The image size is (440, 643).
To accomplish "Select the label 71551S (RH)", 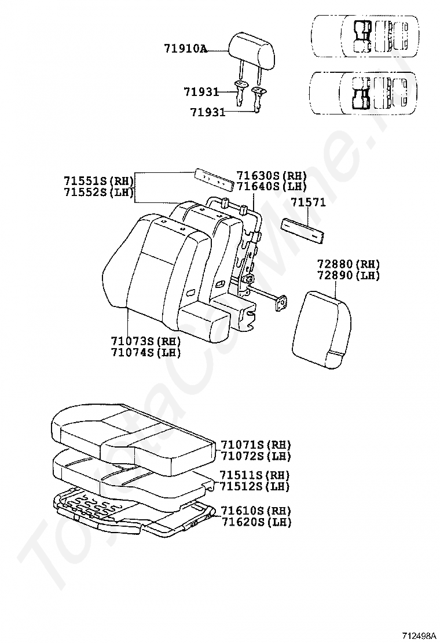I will (98, 180).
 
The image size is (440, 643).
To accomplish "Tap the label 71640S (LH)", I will (272, 186).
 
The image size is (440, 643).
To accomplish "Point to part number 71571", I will (308, 202).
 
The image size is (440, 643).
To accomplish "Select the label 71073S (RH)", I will (146, 341).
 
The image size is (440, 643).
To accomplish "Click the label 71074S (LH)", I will (146, 352).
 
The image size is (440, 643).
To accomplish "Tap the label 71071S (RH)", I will (255, 445).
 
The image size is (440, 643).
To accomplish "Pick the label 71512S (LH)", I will (255, 486).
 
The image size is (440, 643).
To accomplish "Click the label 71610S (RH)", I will (255, 511).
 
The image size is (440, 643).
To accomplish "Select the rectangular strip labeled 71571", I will (303, 231).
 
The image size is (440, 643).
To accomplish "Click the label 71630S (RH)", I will (272, 175).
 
